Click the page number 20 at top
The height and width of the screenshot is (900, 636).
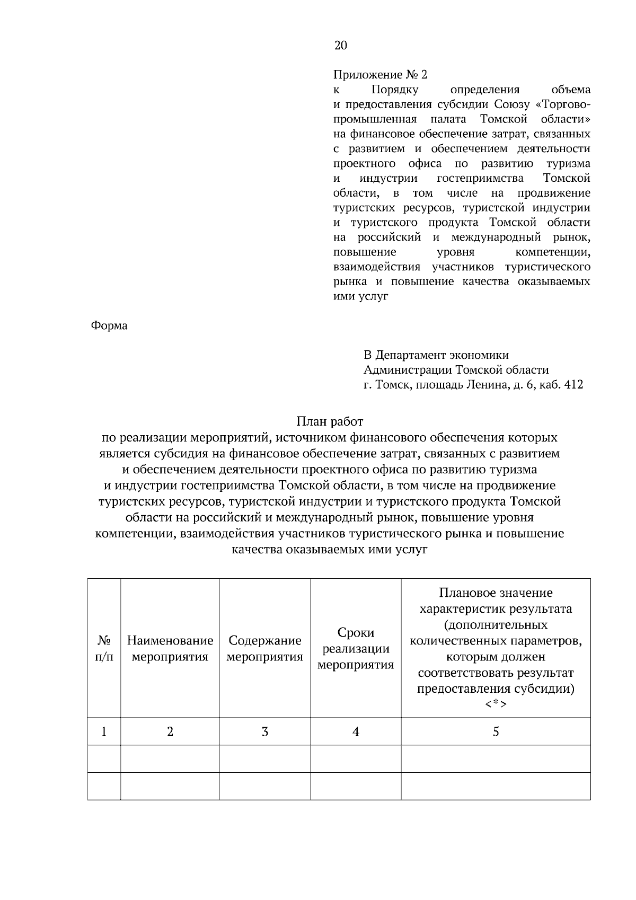click(341, 46)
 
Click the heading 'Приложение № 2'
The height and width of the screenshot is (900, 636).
click(380, 75)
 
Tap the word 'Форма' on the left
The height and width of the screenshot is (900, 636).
click(109, 325)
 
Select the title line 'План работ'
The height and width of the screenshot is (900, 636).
click(330, 422)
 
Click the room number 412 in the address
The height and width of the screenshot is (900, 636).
click(574, 385)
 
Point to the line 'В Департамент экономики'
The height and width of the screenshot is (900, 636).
click(436, 355)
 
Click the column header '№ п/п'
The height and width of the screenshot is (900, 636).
click(104, 649)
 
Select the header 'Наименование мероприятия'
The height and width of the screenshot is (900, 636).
click(170, 649)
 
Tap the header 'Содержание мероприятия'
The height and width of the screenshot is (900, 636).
click(265, 649)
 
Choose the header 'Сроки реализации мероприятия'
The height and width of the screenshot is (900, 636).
click(356, 649)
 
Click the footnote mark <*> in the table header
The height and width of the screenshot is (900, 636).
click(496, 704)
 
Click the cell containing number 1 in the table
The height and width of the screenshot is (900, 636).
click(104, 732)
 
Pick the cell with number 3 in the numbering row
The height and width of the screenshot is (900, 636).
click(265, 732)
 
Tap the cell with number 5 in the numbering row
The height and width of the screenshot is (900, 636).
click(496, 732)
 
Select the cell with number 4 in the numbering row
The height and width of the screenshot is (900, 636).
click(356, 732)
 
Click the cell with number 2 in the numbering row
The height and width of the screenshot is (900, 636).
click(170, 732)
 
